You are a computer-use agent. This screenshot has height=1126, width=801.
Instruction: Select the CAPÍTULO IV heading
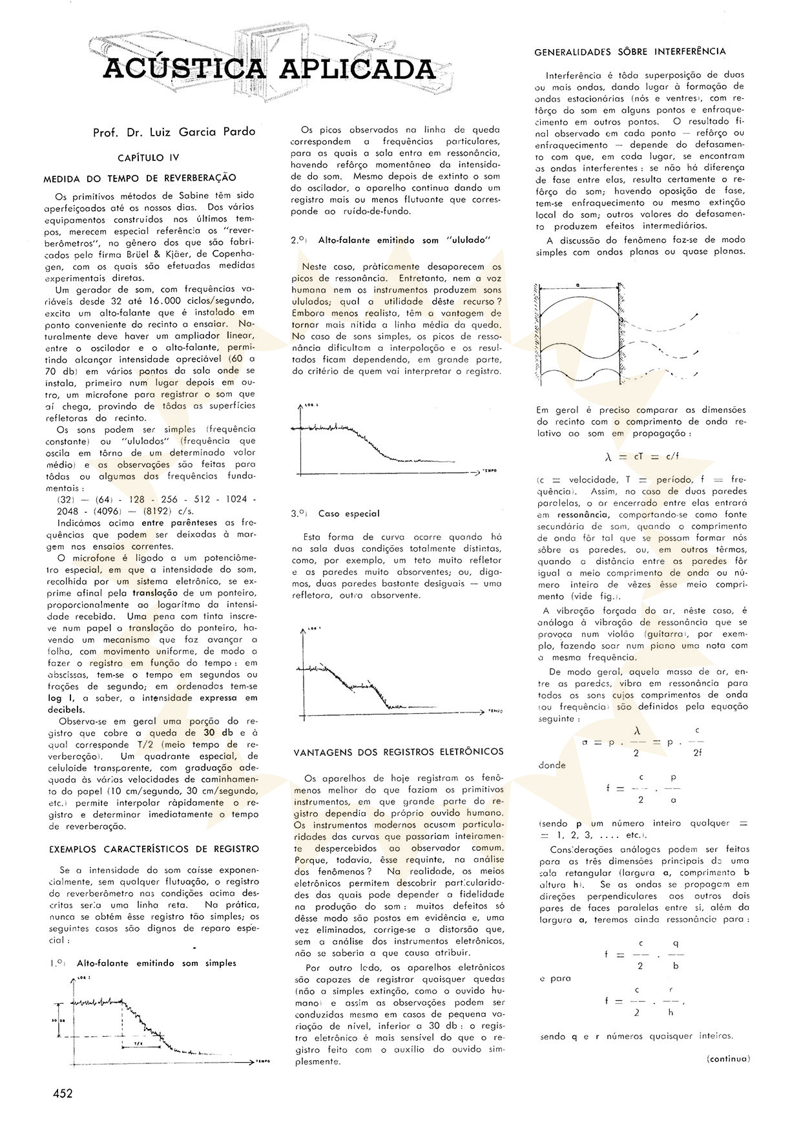[x=149, y=158]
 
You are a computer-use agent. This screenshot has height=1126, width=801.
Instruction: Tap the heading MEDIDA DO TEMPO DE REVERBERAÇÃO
[x=140, y=178]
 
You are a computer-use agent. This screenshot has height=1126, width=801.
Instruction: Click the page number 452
[x=63, y=1093]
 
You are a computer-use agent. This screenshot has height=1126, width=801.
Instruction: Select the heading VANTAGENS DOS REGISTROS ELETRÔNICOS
[x=399, y=752]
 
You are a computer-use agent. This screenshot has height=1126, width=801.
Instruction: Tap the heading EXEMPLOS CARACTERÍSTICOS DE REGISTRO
[x=154, y=849]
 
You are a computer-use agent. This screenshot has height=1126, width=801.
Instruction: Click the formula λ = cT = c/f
[x=641, y=456]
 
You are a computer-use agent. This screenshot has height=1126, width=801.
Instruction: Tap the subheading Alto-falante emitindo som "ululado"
[x=405, y=240]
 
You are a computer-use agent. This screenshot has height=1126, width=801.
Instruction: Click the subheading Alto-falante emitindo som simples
[x=156, y=963]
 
